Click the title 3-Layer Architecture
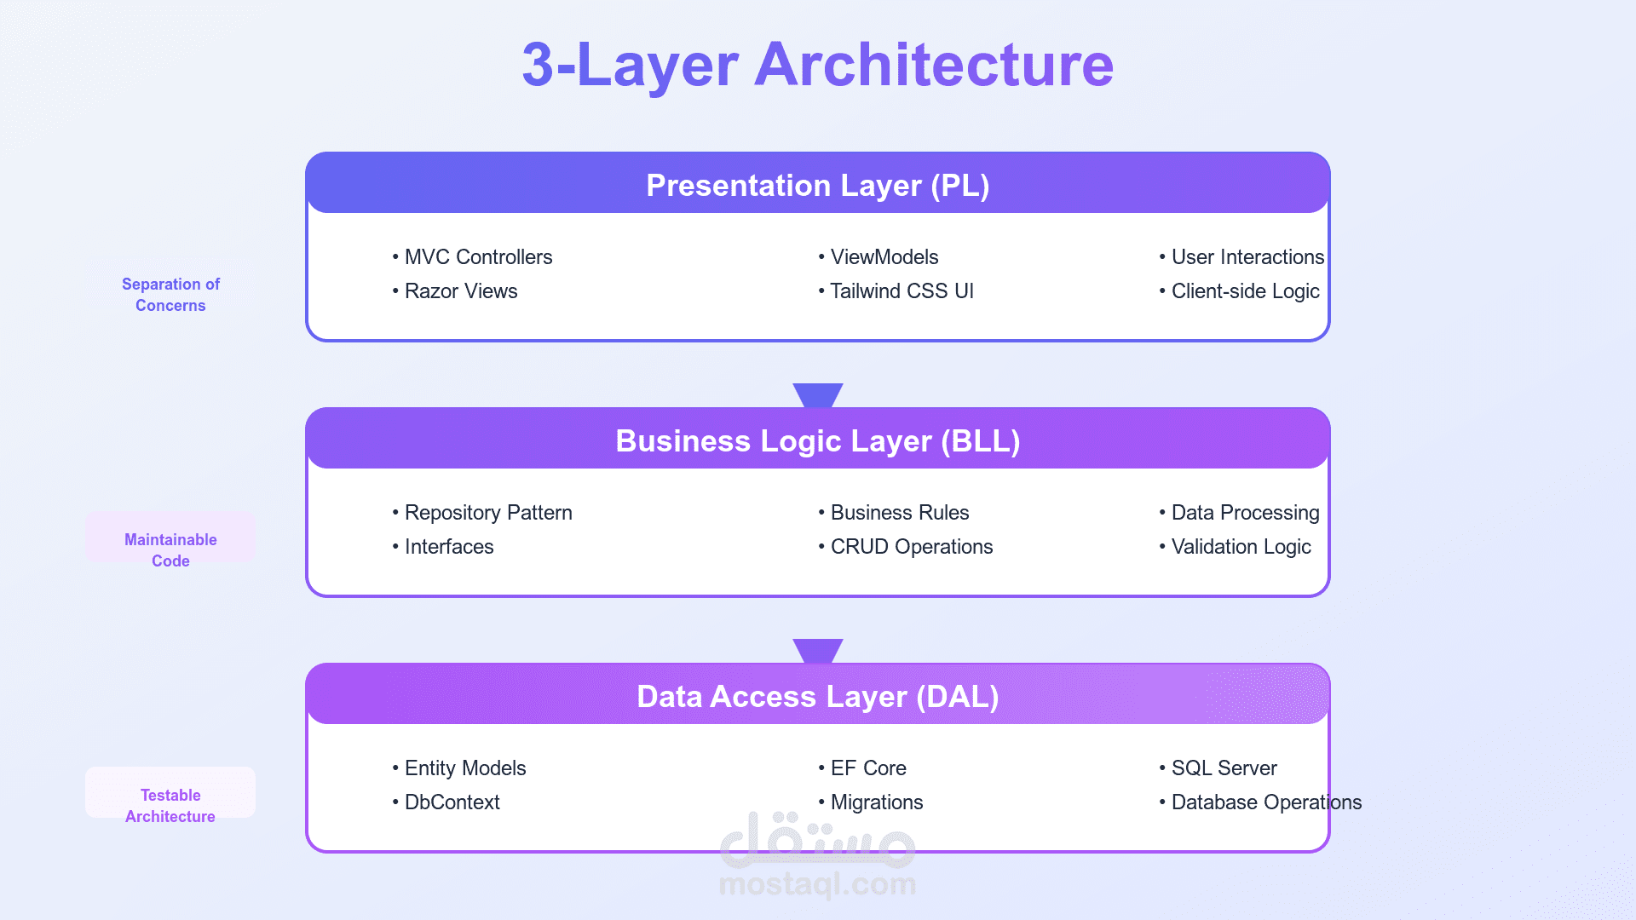coord(818,65)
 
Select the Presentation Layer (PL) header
coord(818,185)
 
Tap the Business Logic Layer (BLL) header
coord(818,440)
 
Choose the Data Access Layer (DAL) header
coord(818,696)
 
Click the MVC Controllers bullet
coord(472,257)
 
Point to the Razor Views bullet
coord(455,291)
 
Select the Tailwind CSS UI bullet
coord(896,291)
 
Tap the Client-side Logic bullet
coord(1239,291)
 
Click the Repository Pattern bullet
coord(482,513)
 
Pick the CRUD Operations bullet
coord(905,547)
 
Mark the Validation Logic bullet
coord(1235,547)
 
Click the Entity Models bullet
coord(459,768)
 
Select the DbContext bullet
coord(446,802)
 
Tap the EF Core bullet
coord(861,768)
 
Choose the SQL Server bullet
coord(1218,768)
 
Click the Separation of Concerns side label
coord(170,295)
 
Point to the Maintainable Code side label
coord(170,550)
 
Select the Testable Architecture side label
coord(170,806)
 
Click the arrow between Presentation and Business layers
coord(818,395)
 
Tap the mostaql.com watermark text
coord(818,884)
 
